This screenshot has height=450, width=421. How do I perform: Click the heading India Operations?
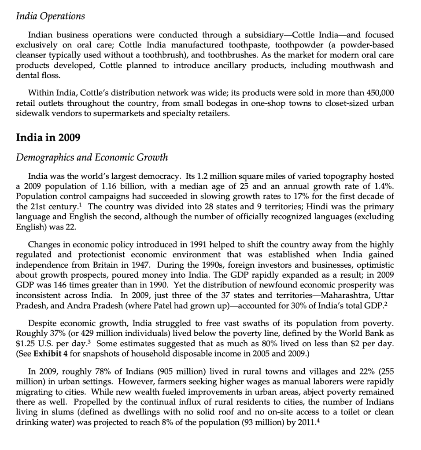pyautogui.click(x=50, y=16)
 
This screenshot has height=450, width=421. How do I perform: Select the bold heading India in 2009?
pyautogui.click(x=48, y=137)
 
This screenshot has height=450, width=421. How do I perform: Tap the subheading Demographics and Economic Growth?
pyautogui.click(x=92, y=157)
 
